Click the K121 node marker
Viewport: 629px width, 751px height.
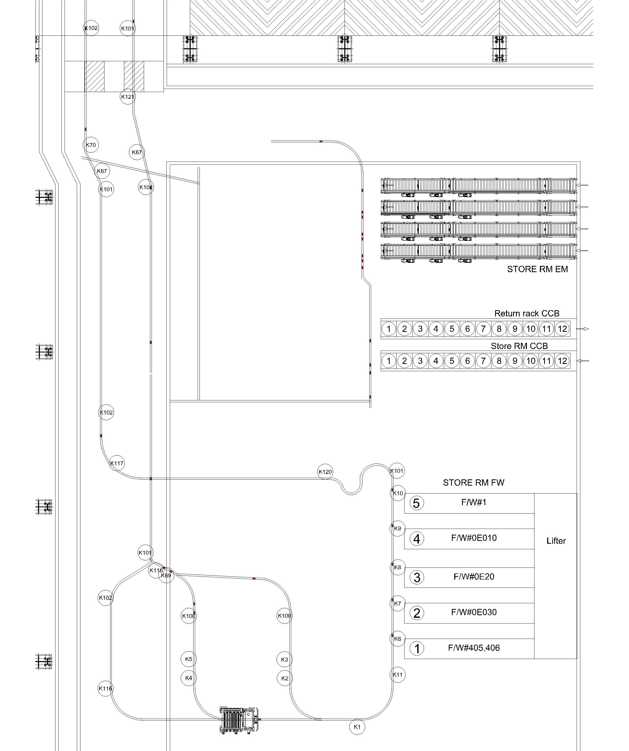coord(128,96)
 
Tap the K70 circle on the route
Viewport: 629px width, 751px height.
coord(91,145)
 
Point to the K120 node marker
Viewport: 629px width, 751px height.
coord(325,472)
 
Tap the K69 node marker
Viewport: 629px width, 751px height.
coord(166,575)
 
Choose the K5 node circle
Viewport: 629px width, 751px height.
coord(189,659)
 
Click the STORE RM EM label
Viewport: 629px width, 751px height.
coord(538,269)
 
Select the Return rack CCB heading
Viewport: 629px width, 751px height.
coord(527,314)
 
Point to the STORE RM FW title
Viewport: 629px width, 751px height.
coord(474,483)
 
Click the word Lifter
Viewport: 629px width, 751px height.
coord(556,541)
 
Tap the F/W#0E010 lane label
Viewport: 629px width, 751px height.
coord(474,538)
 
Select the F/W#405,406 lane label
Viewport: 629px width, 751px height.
coord(474,648)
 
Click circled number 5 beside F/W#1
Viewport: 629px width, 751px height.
coord(416,503)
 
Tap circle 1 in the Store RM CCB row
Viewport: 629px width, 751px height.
coord(389,361)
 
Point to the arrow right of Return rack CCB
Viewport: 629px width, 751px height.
coord(583,329)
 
